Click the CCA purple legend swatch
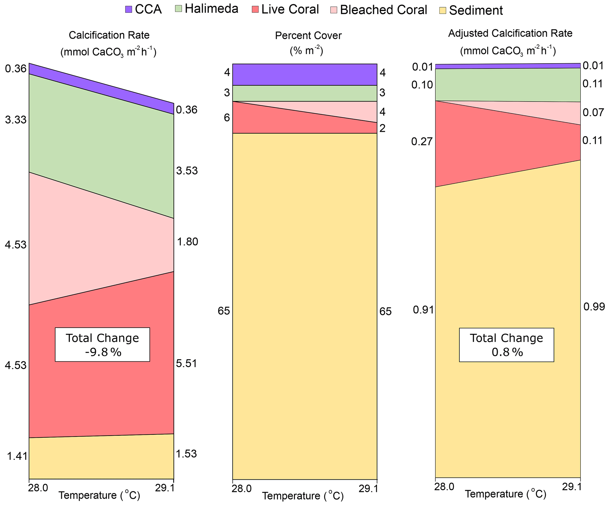(x=128, y=9)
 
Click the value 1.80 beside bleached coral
(x=187, y=242)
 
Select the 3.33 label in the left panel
(x=16, y=120)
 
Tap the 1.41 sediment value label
(x=17, y=456)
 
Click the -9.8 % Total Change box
(x=102, y=344)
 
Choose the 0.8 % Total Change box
(x=506, y=345)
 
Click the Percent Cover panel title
(x=308, y=36)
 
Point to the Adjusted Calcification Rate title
(x=510, y=33)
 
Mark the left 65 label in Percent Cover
(x=224, y=311)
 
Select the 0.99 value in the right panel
(x=594, y=307)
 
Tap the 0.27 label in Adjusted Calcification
(x=422, y=142)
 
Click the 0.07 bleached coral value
(x=593, y=112)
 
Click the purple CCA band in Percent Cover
(x=305, y=74)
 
